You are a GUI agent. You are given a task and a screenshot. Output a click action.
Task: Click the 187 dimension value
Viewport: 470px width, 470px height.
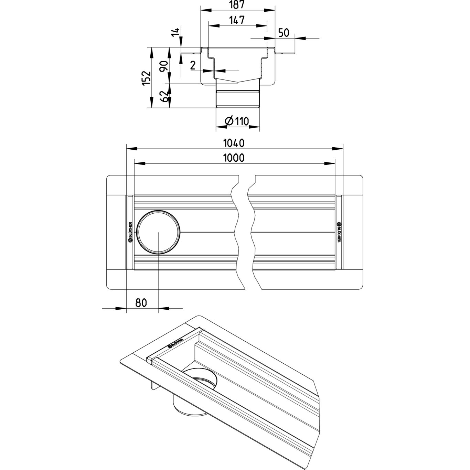pyautogui.click(x=238, y=5)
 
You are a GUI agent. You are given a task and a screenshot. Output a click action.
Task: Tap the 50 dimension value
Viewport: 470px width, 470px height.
pyautogui.click(x=283, y=33)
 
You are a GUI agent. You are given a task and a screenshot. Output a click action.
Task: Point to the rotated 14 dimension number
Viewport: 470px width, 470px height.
pyautogui.click(x=176, y=32)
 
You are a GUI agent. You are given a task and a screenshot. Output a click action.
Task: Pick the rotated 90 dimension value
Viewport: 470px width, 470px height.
pyautogui.click(x=164, y=65)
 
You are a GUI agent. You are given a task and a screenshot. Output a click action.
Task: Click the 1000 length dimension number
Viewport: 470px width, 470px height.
pyautogui.click(x=234, y=158)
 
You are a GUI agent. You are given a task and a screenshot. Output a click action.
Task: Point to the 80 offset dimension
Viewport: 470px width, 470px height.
pyautogui.click(x=141, y=302)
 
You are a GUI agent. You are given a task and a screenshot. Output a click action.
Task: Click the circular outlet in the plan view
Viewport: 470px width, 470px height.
pyautogui.click(x=158, y=232)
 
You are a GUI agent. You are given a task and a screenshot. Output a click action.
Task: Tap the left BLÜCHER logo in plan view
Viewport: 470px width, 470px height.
pyautogui.click(x=130, y=232)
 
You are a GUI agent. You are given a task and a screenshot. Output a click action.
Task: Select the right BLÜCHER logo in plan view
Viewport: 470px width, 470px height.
pyautogui.click(x=339, y=232)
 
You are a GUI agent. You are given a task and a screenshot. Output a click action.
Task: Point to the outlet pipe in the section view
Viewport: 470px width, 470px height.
pyautogui.click(x=237, y=98)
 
